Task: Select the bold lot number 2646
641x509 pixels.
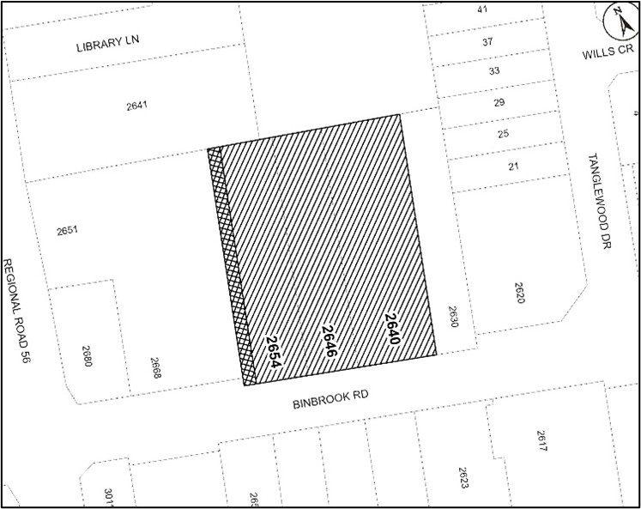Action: [327, 342]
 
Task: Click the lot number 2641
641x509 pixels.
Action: [137, 107]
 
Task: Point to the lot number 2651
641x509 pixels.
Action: [67, 231]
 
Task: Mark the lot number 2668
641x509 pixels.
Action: [156, 368]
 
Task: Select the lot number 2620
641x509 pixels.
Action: [517, 293]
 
